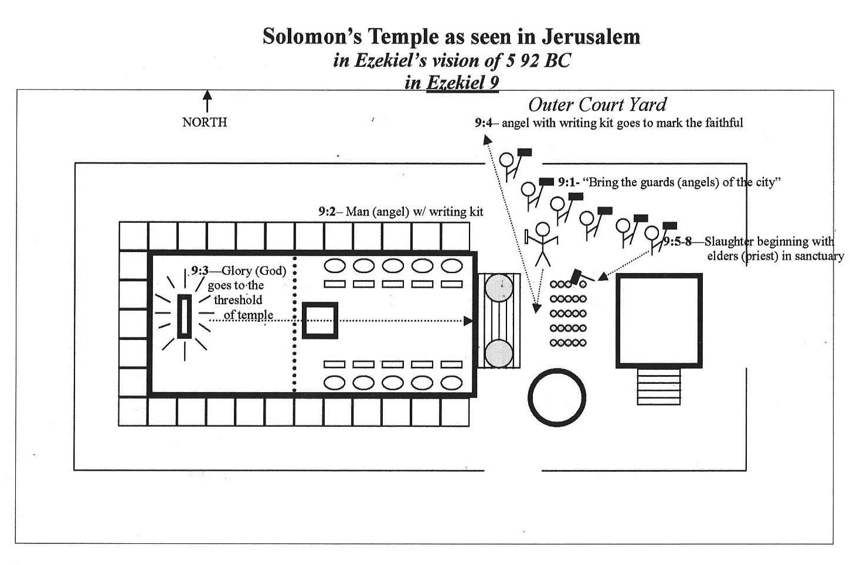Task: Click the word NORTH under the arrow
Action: [x=205, y=122]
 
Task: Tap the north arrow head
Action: [x=207, y=94]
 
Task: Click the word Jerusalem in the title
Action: [x=591, y=37]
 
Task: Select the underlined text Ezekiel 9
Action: [x=463, y=82]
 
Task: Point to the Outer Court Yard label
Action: [x=597, y=105]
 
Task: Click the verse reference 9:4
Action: [x=484, y=122]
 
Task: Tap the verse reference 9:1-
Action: [x=569, y=182]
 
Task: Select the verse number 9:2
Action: [x=327, y=212]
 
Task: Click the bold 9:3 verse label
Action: [x=200, y=270]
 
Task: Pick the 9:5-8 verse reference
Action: [x=678, y=241]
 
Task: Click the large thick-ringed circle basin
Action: [x=557, y=397]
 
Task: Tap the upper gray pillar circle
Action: [x=499, y=288]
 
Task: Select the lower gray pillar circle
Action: [x=499, y=353]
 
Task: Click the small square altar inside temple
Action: [x=320, y=320]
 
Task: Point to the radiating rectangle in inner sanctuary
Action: [x=185, y=316]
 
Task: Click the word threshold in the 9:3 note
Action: [x=238, y=299]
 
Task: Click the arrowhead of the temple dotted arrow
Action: [x=468, y=321]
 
